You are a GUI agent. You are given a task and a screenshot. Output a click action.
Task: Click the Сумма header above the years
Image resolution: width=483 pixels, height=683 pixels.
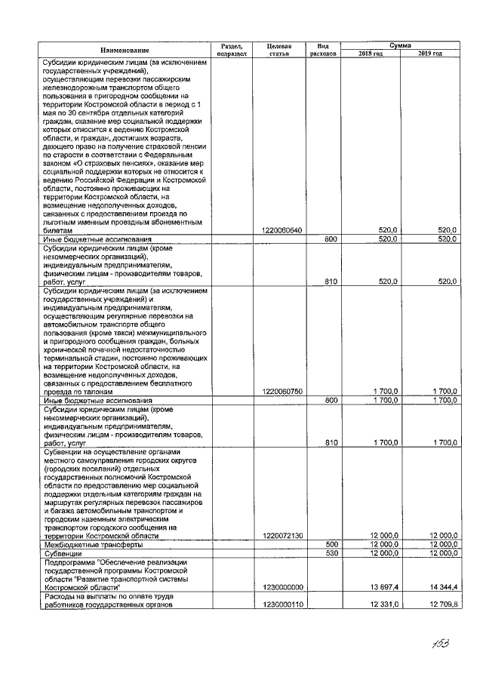tap(400, 46)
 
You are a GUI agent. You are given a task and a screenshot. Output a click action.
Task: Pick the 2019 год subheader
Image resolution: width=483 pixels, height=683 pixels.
tap(429, 54)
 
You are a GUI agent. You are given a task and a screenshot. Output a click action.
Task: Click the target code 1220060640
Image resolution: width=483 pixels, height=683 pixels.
tap(281, 229)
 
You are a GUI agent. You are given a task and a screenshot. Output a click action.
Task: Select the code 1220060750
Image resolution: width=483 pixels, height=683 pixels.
tap(281, 391)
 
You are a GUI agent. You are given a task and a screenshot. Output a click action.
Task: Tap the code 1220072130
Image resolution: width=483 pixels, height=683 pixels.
tap(281, 536)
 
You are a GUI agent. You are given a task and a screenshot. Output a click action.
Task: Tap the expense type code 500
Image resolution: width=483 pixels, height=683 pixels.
tap(330, 544)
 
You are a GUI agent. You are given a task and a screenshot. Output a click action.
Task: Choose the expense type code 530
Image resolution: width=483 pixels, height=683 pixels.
tap(330, 553)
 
